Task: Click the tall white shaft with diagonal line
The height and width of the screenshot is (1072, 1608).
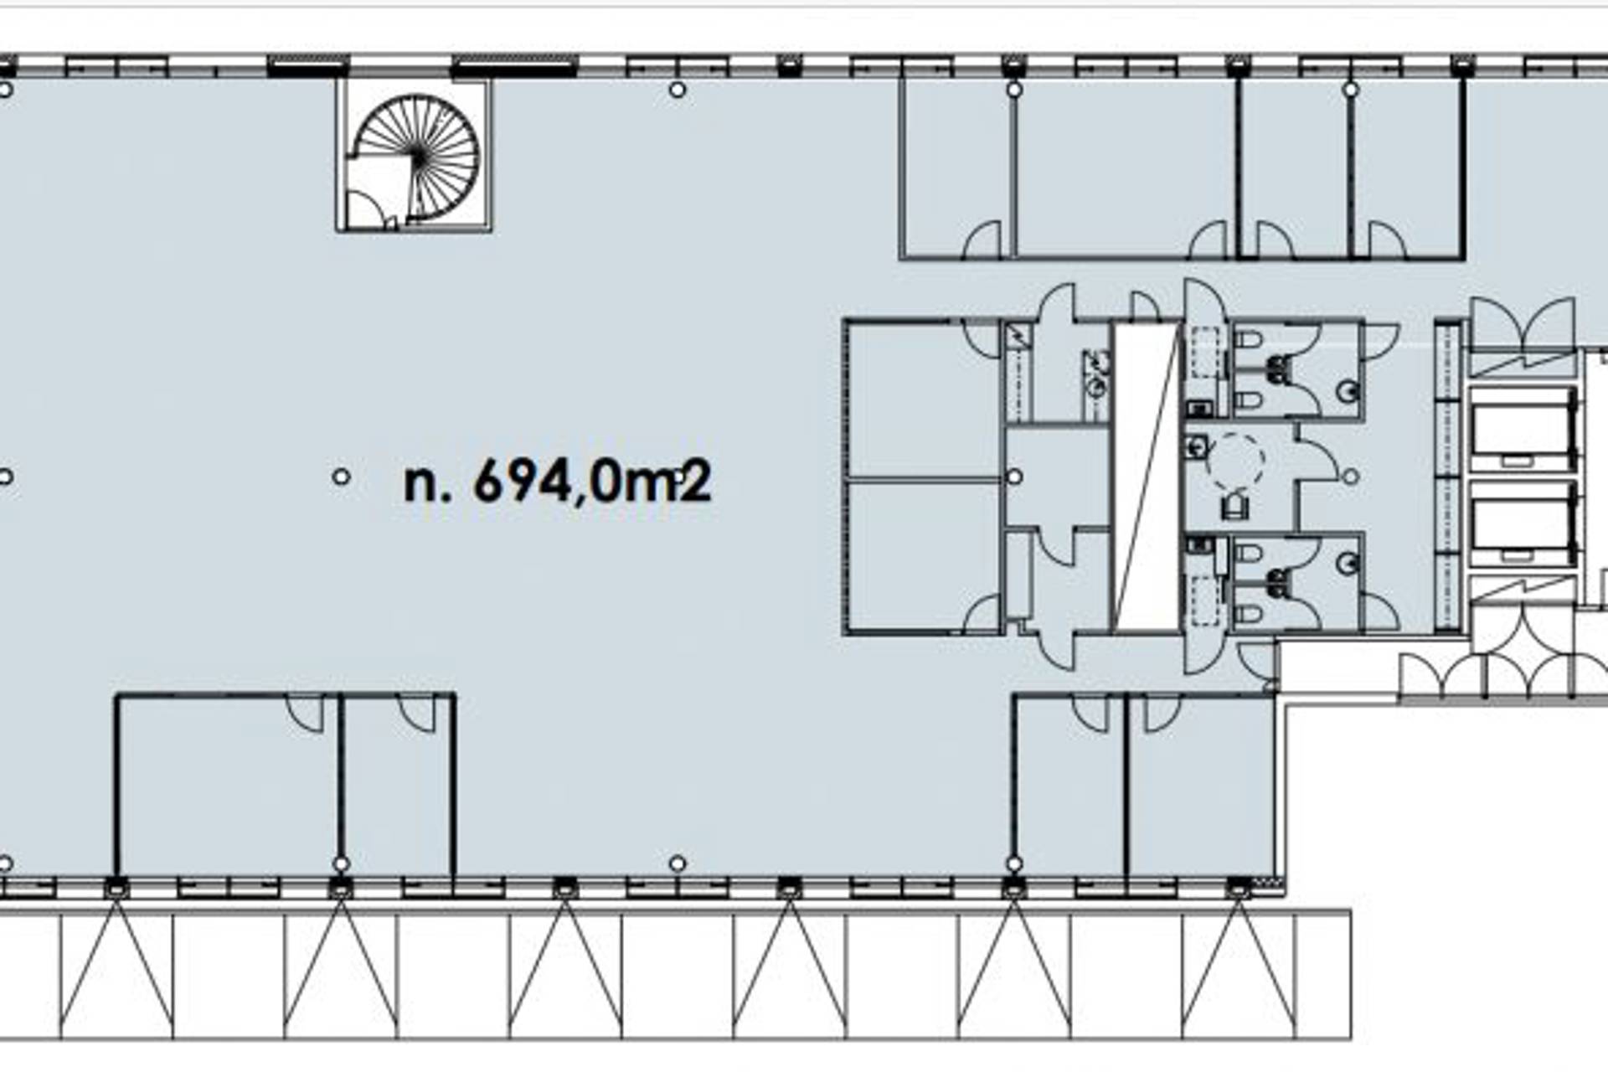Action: (x=1147, y=477)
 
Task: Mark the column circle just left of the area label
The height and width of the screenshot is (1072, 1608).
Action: (x=341, y=477)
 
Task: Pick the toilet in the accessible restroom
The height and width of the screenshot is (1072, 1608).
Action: (x=1234, y=506)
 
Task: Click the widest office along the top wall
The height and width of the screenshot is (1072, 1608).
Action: (x=1126, y=167)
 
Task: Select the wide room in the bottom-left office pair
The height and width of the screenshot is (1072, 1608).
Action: (x=228, y=786)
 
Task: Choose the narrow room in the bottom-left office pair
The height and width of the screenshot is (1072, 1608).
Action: (x=398, y=786)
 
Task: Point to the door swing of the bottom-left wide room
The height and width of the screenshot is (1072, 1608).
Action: (x=306, y=713)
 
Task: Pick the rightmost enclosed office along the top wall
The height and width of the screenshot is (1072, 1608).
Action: (x=1407, y=167)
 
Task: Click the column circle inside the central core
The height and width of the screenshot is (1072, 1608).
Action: (x=1014, y=477)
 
